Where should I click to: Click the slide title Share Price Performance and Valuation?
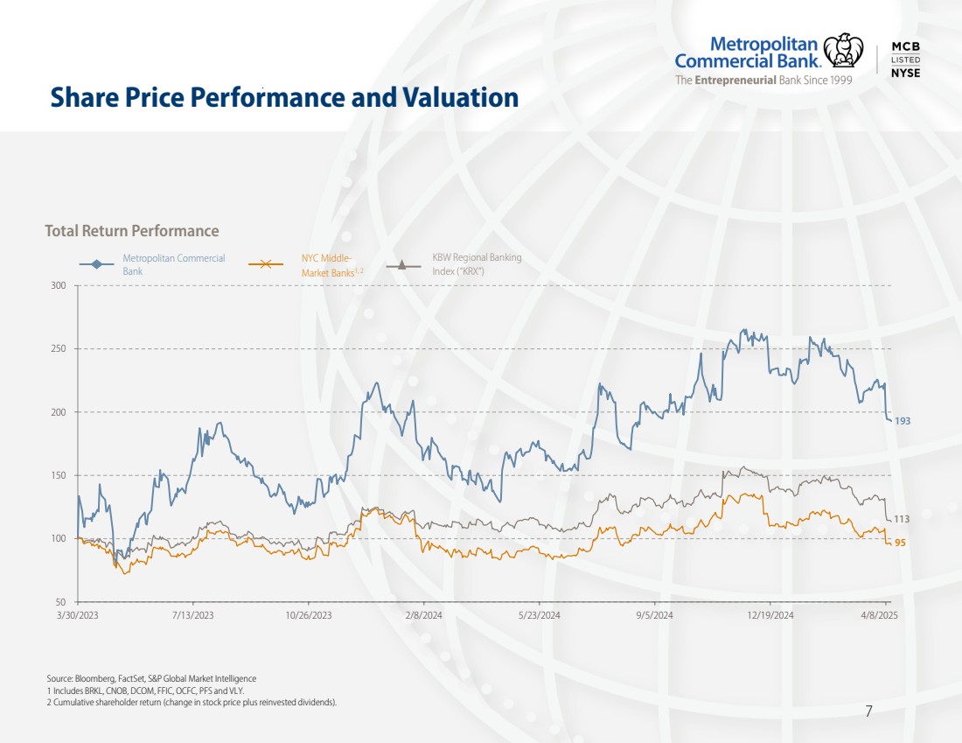coord(284,97)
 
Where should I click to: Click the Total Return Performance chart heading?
coord(132,231)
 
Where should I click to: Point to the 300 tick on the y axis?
coord(59,285)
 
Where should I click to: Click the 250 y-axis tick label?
coord(59,349)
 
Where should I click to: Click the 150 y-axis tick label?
coord(59,476)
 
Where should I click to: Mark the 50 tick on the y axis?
coord(61,602)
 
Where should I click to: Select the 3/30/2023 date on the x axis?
coord(78,616)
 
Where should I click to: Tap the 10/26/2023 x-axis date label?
coord(309,616)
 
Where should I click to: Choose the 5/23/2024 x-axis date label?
coord(539,616)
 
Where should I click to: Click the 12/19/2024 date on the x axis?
coord(770,616)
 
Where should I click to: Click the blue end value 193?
coord(903,421)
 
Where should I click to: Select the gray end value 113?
coord(902,519)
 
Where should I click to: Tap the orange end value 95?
coord(900,543)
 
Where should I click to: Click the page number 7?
coord(868,711)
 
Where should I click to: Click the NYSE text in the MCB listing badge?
coord(905,73)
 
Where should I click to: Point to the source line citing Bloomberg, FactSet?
coord(151,678)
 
